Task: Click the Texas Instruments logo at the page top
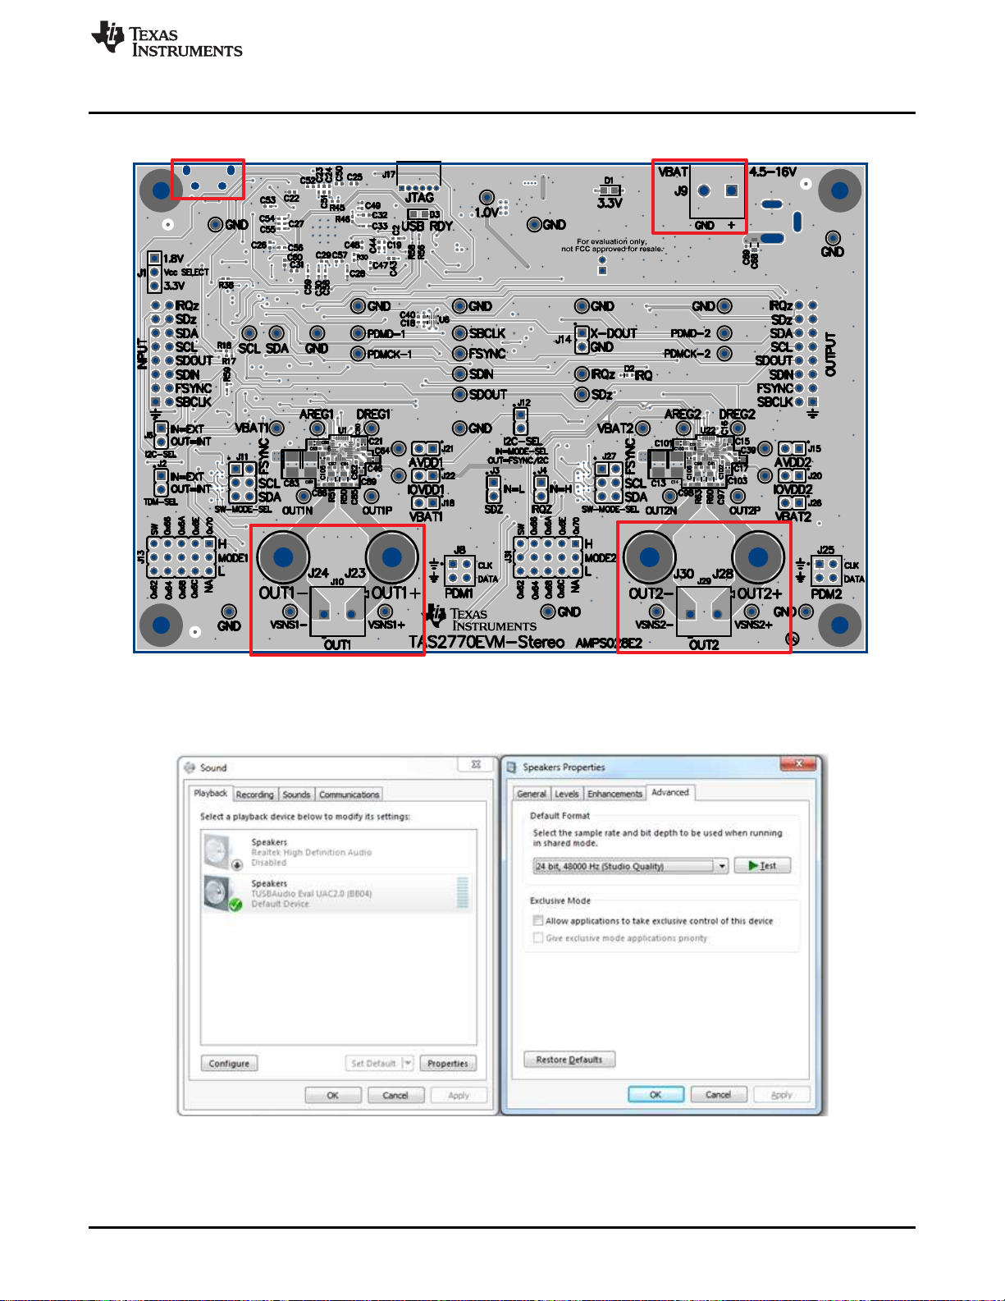pyautogui.click(x=167, y=39)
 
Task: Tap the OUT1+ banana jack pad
pyautogui.click(x=391, y=557)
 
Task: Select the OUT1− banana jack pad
pyautogui.click(x=283, y=557)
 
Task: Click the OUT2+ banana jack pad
pyautogui.click(x=758, y=557)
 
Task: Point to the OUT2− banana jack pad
pyautogui.click(x=649, y=557)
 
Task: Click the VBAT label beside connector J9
pyautogui.click(x=673, y=172)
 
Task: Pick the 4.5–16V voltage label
pyautogui.click(x=773, y=172)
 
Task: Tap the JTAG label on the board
pyautogui.click(x=419, y=198)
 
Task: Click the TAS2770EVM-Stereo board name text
pyautogui.click(x=487, y=642)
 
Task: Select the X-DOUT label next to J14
pyautogui.click(x=613, y=333)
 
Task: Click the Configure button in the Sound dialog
pyautogui.click(x=229, y=1063)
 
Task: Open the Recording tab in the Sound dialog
pyautogui.click(x=254, y=795)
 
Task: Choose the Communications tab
pyautogui.click(x=349, y=795)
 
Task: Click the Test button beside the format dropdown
pyautogui.click(x=762, y=865)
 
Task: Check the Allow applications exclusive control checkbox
pyautogui.click(x=538, y=921)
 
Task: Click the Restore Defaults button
pyautogui.click(x=569, y=1060)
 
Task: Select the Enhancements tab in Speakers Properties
pyautogui.click(x=614, y=794)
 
